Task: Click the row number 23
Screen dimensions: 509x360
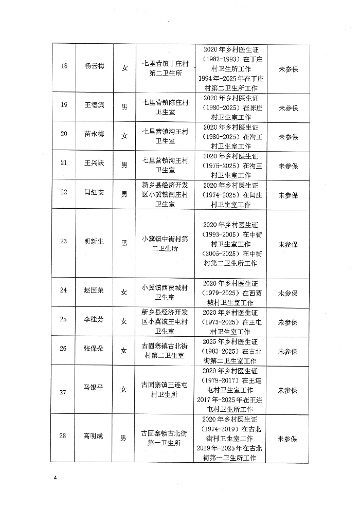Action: point(64,242)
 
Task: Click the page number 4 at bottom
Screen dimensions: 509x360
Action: point(55,478)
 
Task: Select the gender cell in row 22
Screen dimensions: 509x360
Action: point(124,194)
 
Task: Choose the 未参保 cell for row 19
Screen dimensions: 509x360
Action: point(288,108)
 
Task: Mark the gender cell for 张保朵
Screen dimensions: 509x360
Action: point(124,350)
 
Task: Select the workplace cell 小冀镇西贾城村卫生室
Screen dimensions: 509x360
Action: point(165,292)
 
